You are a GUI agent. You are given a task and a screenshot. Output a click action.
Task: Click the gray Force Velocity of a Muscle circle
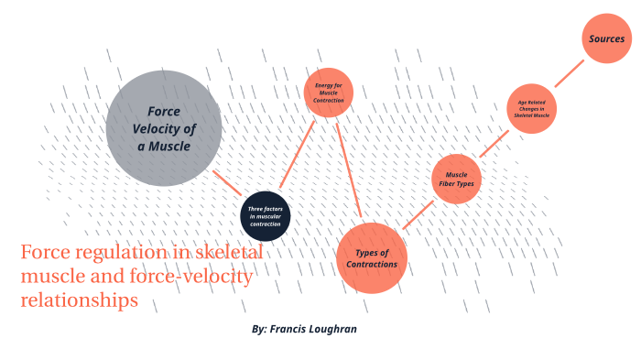pos(164,128)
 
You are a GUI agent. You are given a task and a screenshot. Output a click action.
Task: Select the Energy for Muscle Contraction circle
pos(328,93)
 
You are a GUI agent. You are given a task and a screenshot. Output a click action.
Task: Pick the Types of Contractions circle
pos(371,258)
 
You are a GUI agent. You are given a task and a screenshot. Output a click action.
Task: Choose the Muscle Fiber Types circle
pos(456,179)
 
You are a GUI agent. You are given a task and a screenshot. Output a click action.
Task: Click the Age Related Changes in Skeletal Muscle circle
pos(533,109)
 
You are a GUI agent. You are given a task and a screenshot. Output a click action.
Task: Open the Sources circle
pos(606,39)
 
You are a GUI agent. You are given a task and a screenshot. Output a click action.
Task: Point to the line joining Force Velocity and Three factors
pos(226,181)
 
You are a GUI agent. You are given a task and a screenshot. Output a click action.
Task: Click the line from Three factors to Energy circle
pos(294,156)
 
